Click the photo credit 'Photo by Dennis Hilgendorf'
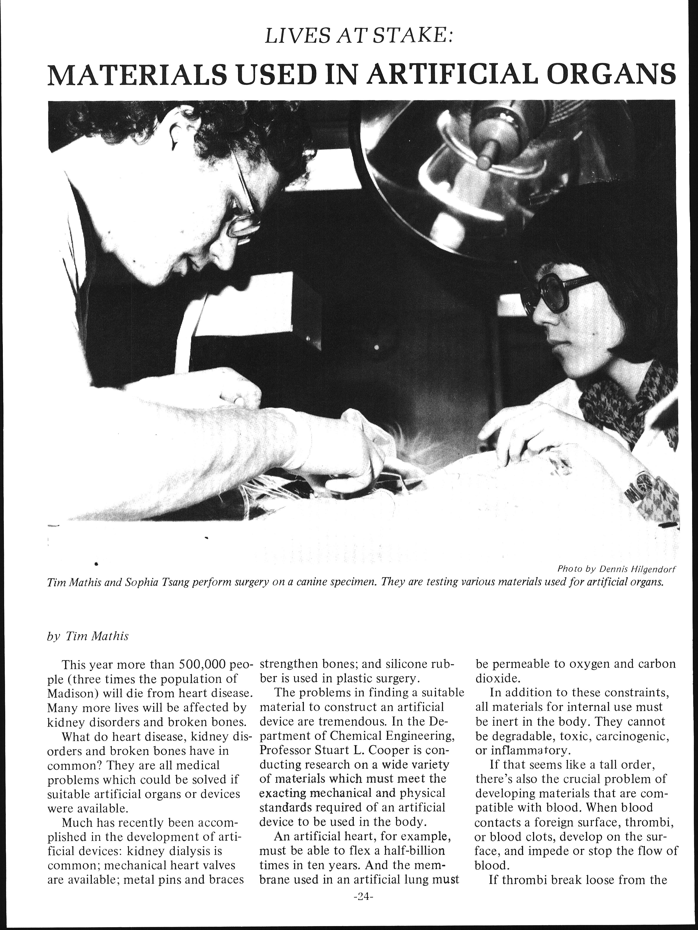tap(618, 569)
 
